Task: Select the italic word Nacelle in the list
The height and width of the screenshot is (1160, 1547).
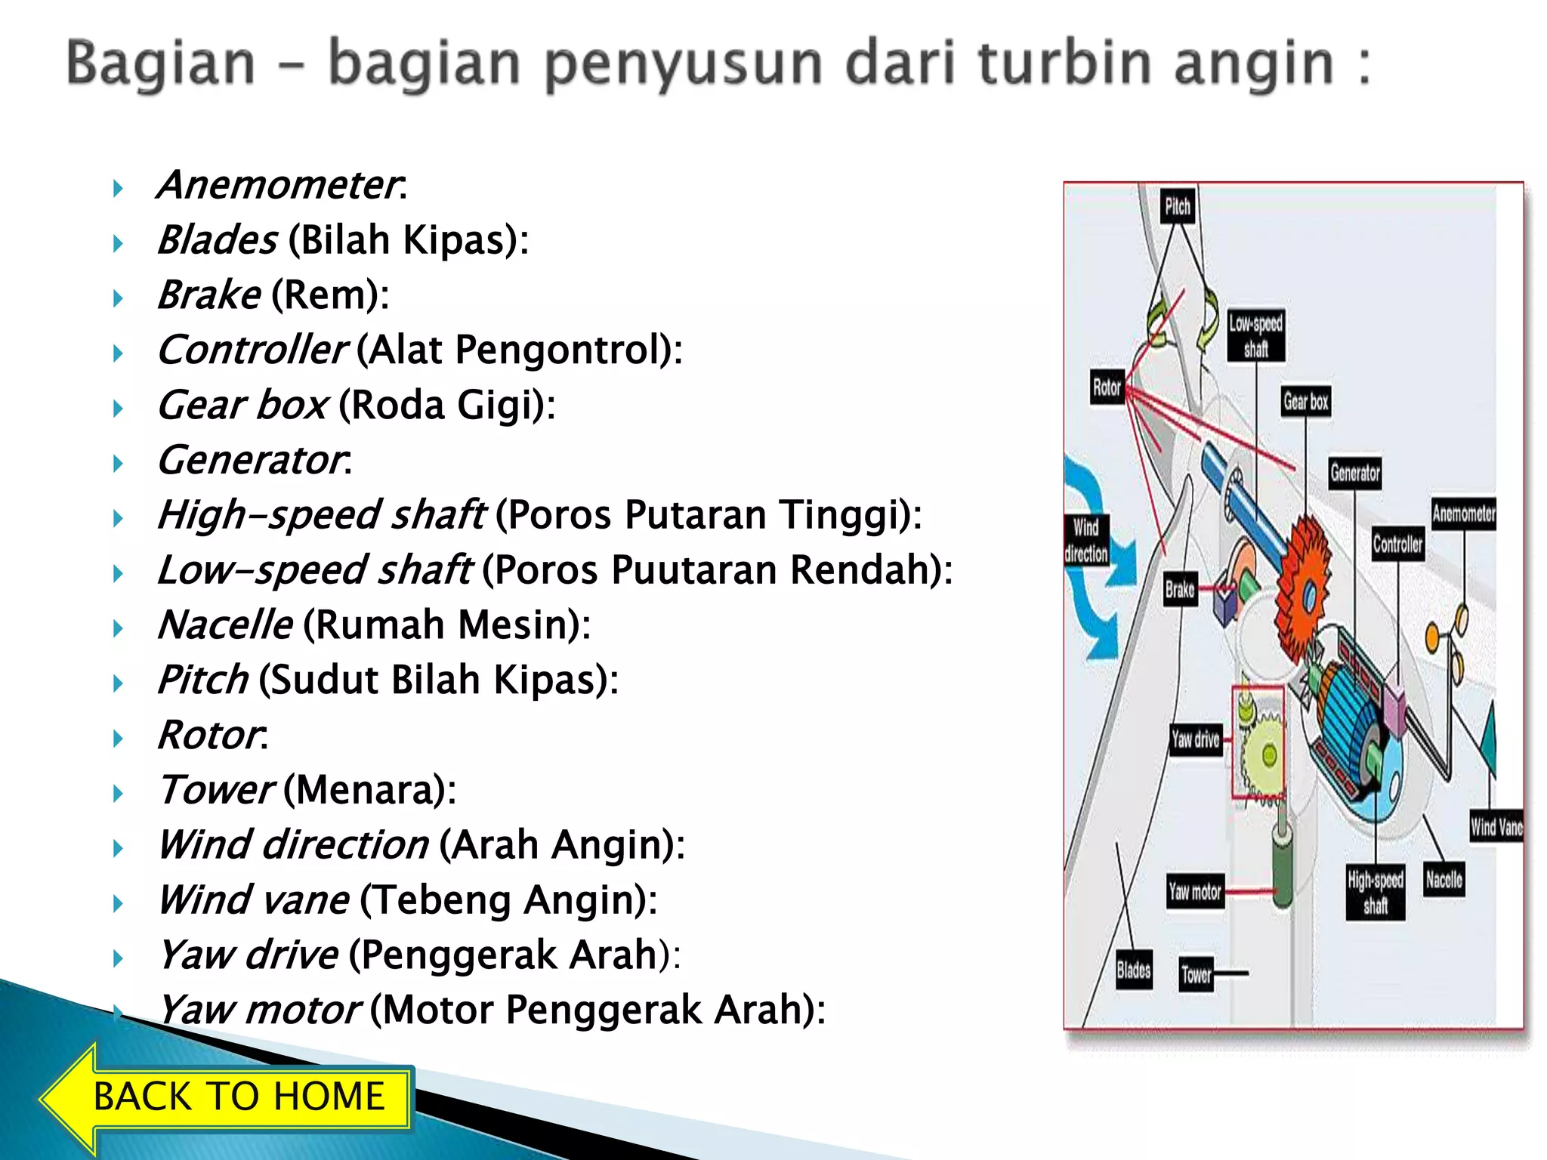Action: coord(225,625)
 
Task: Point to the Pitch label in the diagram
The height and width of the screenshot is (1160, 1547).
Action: coord(1177,206)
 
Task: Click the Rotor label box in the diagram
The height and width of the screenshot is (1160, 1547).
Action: coord(1107,387)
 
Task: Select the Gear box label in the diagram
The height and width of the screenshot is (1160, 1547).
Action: coord(1305,401)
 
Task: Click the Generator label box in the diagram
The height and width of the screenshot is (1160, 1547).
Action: coord(1355,474)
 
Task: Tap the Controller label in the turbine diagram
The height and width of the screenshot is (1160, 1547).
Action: coord(1397,544)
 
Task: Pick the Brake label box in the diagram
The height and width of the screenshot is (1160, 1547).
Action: coord(1180,589)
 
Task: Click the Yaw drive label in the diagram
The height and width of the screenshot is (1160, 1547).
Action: coord(1195,739)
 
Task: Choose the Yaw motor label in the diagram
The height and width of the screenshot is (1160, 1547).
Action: coord(1194,892)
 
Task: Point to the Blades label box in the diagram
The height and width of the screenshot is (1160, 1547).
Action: coord(1133,970)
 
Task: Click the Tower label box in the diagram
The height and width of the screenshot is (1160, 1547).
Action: coord(1196,974)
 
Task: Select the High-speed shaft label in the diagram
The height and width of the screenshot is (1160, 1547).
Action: coord(1376,892)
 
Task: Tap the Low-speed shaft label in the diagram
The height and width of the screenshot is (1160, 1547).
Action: coord(1255,335)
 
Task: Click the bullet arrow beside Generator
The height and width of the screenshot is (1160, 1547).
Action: coord(118,463)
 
